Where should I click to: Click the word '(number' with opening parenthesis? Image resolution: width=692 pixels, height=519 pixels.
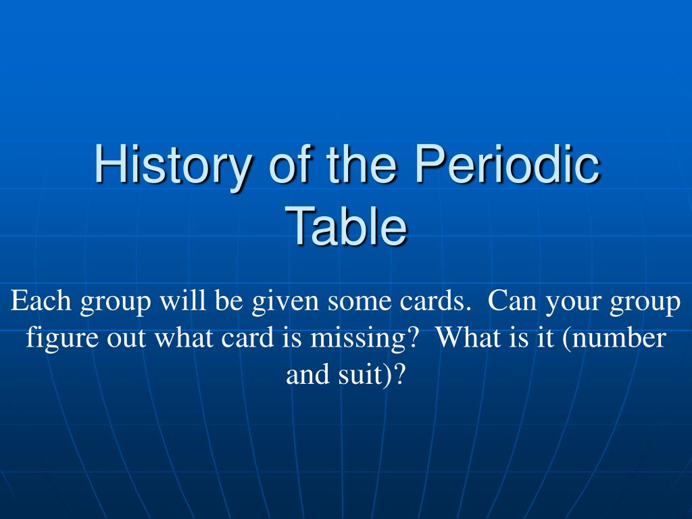(614, 338)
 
